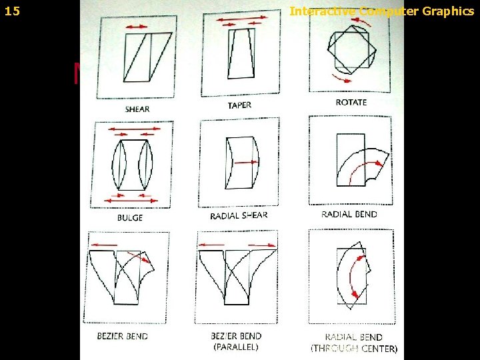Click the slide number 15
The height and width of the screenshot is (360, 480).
(12, 11)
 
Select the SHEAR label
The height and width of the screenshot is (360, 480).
(137, 109)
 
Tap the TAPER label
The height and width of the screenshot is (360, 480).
(239, 105)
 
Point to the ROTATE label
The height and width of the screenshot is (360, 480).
(351, 102)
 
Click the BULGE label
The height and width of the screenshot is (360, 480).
(130, 218)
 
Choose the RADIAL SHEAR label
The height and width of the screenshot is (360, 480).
(239, 215)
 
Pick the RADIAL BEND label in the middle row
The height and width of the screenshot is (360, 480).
(349, 214)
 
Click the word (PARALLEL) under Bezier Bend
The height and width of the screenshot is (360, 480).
(237, 347)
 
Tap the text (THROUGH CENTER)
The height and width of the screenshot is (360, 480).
(354, 348)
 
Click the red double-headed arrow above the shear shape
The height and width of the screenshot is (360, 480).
(137, 25)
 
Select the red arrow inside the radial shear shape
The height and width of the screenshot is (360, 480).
(247, 161)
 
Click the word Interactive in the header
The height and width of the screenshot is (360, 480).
(323, 11)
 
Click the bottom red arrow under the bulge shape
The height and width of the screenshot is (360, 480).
(131, 199)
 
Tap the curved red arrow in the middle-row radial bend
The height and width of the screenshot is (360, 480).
(363, 167)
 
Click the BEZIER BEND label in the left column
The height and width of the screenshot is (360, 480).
(123, 335)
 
